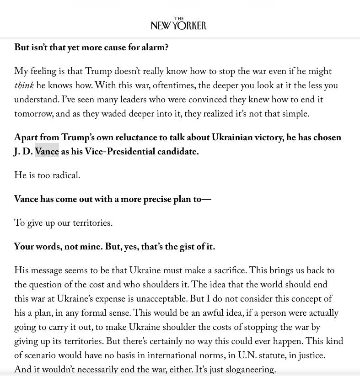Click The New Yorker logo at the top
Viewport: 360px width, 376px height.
[x=179, y=24]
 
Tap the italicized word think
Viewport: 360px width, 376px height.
[x=24, y=86]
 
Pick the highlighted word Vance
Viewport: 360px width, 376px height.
[x=47, y=152]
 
